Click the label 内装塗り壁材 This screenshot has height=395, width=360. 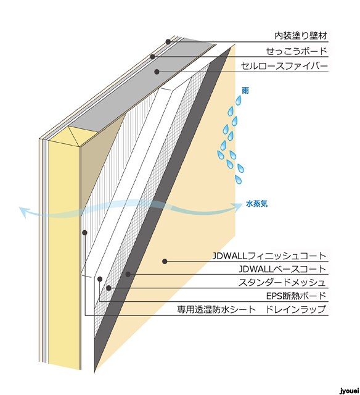tap(301, 36)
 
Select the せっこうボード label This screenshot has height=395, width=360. tap(297, 51)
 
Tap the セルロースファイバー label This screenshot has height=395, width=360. tap(284, 66)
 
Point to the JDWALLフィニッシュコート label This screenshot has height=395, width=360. tap(269, 256)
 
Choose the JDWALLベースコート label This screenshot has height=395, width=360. tap(282, 269)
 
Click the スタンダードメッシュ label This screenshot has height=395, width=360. tap(282, 282)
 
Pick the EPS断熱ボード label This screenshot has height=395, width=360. tap(296, 296)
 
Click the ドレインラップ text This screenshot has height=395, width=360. tap(296, 309)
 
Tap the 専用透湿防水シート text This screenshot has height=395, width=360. tap(216, 309)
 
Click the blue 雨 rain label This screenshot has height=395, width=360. tap(245, 91)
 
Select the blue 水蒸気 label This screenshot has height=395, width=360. tap(256, 204)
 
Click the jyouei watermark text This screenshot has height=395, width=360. tap(349, 391)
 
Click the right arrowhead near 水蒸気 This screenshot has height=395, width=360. tap(237, 207)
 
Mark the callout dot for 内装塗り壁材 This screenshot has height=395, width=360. tap(168, 42)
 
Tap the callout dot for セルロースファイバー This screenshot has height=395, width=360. tap(157, 72)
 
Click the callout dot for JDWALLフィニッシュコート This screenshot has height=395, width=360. tap(165, 262)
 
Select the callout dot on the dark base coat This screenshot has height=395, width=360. tap(128, 274)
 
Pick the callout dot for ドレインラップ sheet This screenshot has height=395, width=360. tap(85, 233)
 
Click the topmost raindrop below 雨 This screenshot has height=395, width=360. tap(238, 101)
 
